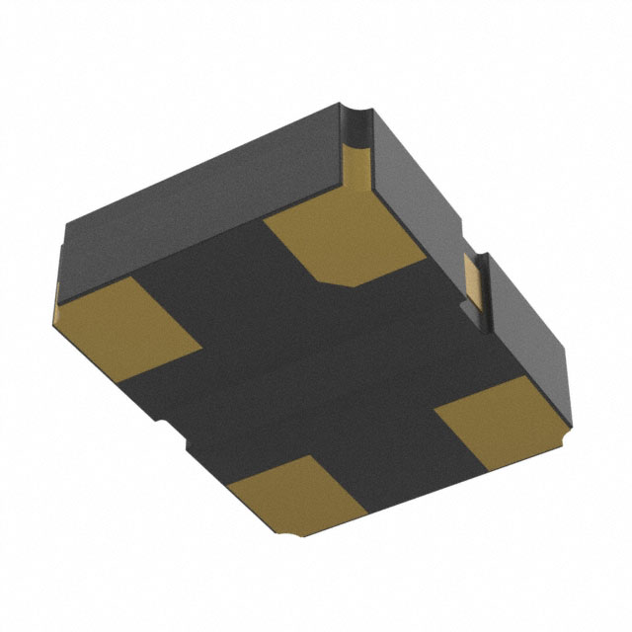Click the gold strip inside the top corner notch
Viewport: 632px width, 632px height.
pos(361,158)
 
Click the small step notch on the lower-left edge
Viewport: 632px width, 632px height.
pos(159,425)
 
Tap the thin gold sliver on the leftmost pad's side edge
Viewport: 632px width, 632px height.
pos(57,306)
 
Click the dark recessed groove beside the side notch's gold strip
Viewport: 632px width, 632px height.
pos(484,296)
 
